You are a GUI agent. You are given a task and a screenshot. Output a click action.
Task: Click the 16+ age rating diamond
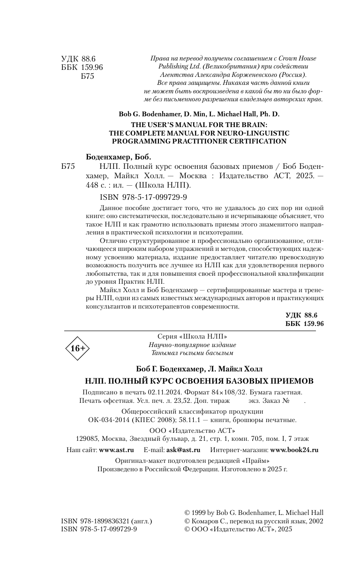[x=77, y=348]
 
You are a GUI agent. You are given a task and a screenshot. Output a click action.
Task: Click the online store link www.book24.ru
[x=294, y=449]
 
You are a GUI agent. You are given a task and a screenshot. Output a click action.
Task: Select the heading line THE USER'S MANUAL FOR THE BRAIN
[x=199, y=125]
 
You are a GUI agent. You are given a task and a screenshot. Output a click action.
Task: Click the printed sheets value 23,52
[x=176, y=401]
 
